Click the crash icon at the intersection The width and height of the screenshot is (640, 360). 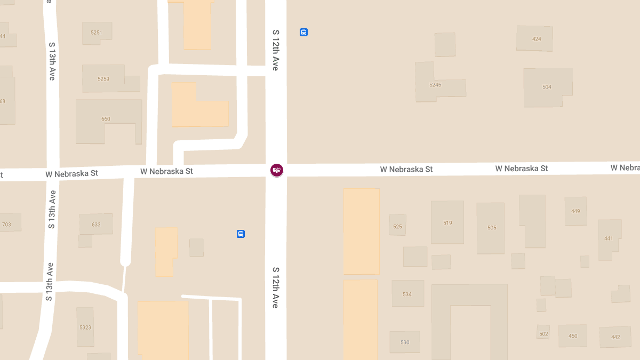[277, 170]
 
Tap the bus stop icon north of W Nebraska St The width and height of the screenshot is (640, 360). [303, 32]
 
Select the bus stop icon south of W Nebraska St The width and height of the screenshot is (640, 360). [241, 234]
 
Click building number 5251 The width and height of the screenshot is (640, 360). [96, 33]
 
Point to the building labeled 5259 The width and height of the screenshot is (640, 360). [103, 79]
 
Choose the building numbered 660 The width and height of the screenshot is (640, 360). [106, 119]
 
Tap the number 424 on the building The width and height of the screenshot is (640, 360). [537, 39]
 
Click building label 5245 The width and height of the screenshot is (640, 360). [435, 85]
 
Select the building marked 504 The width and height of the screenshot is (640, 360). [547, 87]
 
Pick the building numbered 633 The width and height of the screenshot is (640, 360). [96, 225]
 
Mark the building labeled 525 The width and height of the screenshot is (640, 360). [397, 227]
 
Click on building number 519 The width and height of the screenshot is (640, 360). [447, 223]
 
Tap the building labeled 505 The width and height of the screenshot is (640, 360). [492, 228]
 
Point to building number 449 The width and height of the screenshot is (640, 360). [575, 211]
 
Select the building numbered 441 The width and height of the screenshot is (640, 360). [609, 238]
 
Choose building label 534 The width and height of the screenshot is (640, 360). [407, 294]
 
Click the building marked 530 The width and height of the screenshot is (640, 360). [405, 342]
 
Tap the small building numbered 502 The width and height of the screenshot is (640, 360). [543, 334]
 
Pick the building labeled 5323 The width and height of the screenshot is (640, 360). [85, 327]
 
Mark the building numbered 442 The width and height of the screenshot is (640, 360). [615, 337]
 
